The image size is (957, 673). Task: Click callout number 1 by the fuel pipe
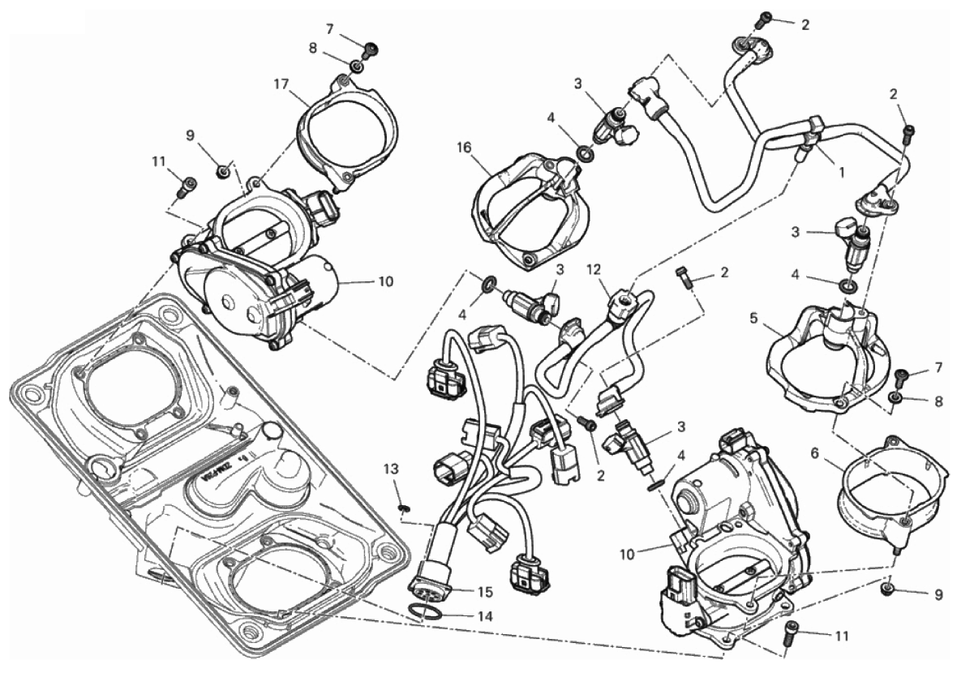841,173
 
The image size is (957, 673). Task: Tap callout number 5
754,318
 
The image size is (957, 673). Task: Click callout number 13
391,469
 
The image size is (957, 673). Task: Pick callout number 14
487,616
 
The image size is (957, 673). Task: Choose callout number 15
487,592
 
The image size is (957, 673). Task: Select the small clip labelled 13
403,507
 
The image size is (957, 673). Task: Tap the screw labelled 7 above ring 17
371,48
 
